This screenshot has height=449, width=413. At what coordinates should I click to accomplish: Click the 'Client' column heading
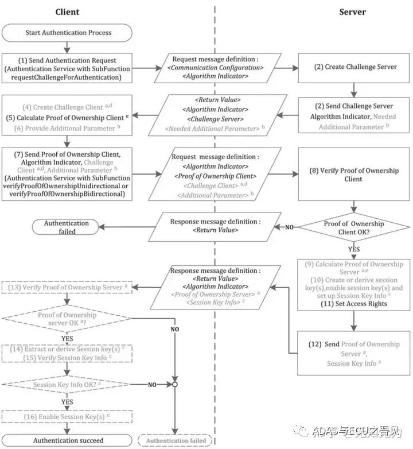tap(67, 12)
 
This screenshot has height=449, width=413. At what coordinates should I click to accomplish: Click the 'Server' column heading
tap(352, 12)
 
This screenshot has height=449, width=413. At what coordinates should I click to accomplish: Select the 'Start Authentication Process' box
tap(67, 32)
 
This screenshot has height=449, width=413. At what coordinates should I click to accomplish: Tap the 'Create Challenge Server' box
tap(355, 67)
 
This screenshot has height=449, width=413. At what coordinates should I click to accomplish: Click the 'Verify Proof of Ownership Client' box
tap(354, 175)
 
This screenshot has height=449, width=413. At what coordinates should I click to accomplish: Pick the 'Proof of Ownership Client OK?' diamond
tap(354, 227)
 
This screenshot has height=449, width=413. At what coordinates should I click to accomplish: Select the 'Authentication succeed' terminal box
tap(67, 440)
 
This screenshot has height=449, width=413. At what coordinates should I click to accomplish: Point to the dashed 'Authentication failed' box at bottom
tap(174, 440)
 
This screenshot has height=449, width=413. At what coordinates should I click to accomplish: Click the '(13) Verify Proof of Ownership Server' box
tap(67, 287)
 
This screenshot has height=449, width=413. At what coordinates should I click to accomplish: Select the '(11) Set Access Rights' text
tap(354, 304)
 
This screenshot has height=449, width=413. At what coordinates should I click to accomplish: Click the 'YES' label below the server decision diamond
tap(354, 250)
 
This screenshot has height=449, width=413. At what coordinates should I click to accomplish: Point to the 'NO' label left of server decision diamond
tap(289, 227)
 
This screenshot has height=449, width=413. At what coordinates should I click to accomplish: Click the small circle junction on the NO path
tap(174, 384)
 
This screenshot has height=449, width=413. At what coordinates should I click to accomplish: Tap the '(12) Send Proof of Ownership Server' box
tap(354, 353)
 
